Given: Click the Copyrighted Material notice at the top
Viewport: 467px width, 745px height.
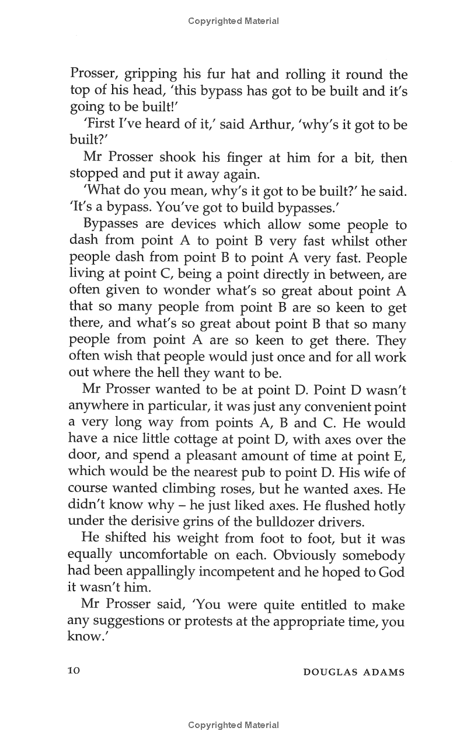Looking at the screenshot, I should tap(233, 21).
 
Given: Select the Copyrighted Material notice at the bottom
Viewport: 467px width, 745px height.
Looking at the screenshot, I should tap(233, 725).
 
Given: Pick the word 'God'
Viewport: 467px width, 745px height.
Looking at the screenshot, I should tap(391, 571).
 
